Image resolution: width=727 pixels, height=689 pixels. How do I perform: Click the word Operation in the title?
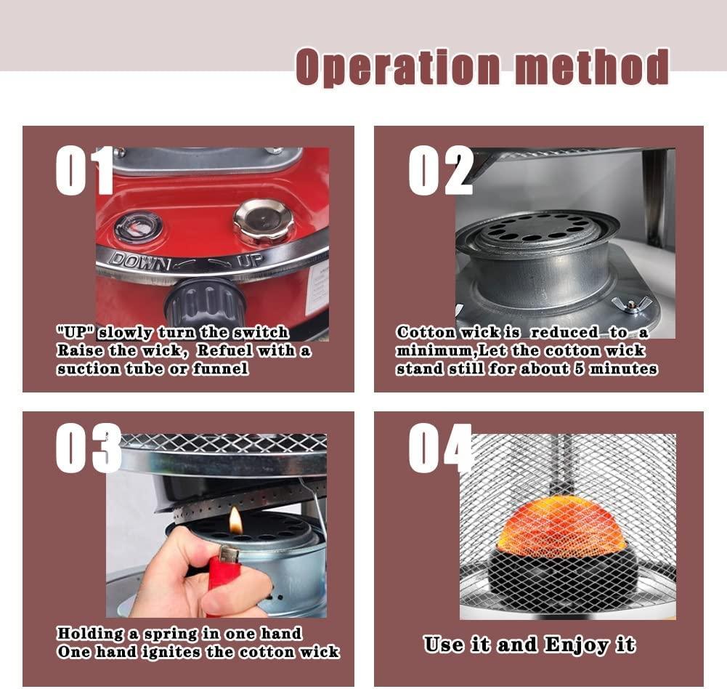[x=398, y=68]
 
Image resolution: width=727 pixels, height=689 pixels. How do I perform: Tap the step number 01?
[x=84, y=171]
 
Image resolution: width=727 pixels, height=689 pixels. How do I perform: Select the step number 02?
[x=441, y=171]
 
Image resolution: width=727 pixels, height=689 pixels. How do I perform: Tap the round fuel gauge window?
[x=138, y=226]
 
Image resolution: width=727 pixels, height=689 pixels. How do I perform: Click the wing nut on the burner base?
[x=630, y=305]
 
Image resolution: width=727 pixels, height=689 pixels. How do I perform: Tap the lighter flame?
[x=235, y=520]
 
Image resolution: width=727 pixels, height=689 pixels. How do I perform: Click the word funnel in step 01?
[x=220, y=369]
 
